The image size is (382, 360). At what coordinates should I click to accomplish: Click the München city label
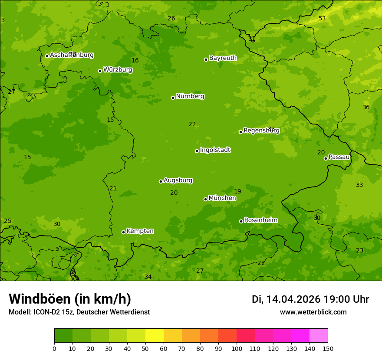tap(222, 198)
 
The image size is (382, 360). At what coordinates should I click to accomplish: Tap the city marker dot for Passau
tap(326, 158)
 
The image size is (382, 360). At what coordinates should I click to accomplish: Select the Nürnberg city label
tap(190, 96)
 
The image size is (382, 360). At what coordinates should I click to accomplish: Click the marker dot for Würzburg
tap(100, 71)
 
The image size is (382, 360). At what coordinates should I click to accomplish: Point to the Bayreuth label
tap(223, 58)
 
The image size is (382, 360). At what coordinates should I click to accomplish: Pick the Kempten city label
tap(140, 231)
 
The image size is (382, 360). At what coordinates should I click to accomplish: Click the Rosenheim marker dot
tap(241, 221)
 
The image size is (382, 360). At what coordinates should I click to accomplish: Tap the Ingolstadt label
tap(215, 150)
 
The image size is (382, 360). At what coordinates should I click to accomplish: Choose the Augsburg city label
tap(178, 180)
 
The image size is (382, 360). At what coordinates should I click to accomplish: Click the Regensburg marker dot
tap(240, 132)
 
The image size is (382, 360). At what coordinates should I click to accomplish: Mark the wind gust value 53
tap(322, 18)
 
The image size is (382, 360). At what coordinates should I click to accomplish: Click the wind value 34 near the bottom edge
tap(148, 277)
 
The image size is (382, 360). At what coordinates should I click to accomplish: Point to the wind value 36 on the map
tap(366, 107)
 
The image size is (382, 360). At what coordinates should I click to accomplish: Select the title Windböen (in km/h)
tap(70, 299)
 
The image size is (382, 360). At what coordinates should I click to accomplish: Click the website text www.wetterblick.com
tap(313, 312)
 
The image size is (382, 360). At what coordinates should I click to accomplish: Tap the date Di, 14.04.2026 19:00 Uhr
tap(310, 299)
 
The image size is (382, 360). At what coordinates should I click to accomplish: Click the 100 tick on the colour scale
tap(237, 348)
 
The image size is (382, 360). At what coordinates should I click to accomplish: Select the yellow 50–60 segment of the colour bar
tap(155, 336)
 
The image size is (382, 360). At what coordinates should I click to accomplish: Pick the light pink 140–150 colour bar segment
tap(319, 336)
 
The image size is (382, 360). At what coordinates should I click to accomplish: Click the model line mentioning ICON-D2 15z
tap(79, 312)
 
